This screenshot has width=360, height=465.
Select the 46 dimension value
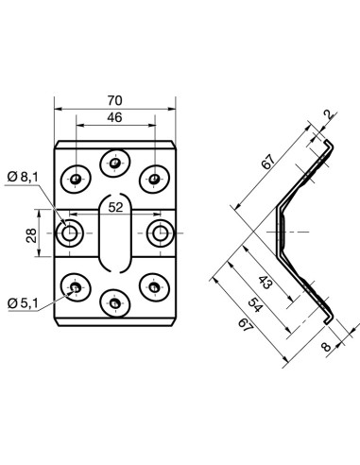(114, 119)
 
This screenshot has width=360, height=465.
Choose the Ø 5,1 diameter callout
(22, 302)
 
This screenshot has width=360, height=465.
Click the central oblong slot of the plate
(114, 232)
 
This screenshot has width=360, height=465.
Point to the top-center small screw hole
(114, 164)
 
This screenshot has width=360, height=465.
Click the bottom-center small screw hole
(114, 301)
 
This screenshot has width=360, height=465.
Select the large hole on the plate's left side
(69, 232)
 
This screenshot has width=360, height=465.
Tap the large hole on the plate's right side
(159, 232)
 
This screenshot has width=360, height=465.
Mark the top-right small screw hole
(153, 177)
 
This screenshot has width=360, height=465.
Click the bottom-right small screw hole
(153, 284)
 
